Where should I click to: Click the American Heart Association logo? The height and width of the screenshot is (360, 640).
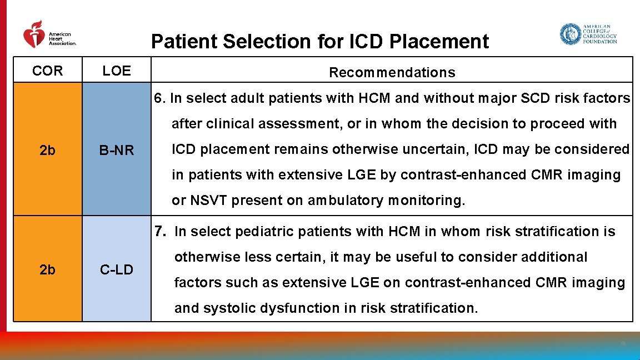point(49,35)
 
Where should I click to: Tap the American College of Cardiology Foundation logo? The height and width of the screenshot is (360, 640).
point(588,34)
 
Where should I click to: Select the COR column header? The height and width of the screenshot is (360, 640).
point(48,71)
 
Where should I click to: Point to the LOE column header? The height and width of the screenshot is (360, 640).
point(117,71)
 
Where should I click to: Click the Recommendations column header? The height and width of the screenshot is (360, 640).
point(392,72)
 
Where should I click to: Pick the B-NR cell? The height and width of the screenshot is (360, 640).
point(117,150)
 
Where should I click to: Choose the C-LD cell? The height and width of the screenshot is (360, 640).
point(117,270)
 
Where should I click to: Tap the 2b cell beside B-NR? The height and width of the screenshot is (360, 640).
point(48,150)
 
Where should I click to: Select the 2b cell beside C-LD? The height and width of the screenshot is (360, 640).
point(48,270)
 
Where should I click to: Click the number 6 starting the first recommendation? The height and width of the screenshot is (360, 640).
point(159,98)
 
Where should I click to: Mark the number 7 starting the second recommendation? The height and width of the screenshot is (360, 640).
point(160,231)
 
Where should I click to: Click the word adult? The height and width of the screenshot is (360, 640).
point(225,98)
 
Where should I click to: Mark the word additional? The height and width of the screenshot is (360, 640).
point(557,257)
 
